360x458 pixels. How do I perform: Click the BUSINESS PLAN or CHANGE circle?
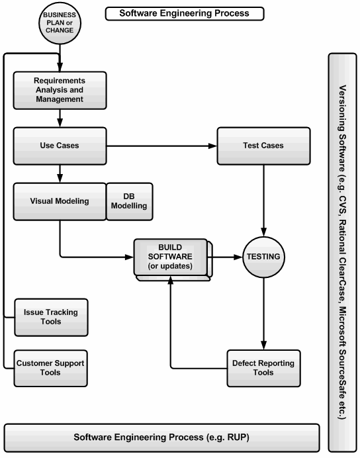tap(60, 23)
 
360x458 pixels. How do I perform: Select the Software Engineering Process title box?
tap(185, 14)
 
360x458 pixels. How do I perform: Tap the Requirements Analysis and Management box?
tap(60, 90)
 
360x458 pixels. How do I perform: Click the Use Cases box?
tap(60, 146)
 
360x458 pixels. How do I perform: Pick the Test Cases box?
tap(263, 146)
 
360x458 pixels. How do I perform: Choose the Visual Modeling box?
tap(60, 202)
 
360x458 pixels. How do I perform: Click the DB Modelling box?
tap(129, 202)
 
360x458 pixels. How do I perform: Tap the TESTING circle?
tap(263, 257)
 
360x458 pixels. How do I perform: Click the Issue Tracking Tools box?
tap(51, 317)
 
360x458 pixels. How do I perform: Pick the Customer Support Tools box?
tap(50, 369)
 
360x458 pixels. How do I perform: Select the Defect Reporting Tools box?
tap(263, 369)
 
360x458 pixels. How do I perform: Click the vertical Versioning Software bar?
tap(343, 253)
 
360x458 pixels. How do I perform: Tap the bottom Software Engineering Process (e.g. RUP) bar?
tap(161, 438)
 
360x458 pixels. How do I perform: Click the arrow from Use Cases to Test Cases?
tap(161, 146)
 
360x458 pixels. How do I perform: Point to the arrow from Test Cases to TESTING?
tap(263, 201)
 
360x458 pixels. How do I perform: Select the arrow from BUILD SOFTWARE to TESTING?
tap(225, 257)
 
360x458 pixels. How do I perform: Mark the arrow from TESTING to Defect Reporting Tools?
tap(263, 314)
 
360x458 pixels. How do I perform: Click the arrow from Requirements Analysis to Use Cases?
tap(60, 118)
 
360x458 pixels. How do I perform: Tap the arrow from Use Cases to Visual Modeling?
tap(60, 174)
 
